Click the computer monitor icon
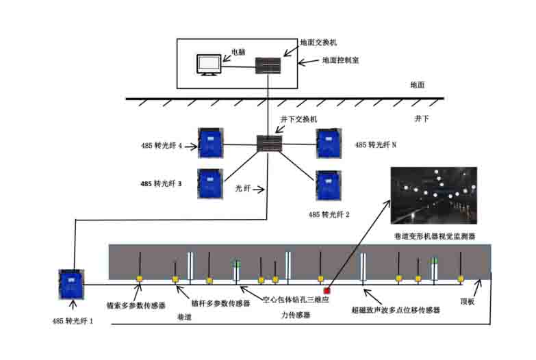pos(209,65)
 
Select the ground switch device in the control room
pos(268,66)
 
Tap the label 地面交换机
pos(318,42)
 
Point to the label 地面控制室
pos(340,60)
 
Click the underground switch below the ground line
pos(269,144)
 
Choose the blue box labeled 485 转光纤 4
pos(211,143)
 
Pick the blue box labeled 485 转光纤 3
pos(210,184)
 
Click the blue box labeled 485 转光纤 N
pos(329,143)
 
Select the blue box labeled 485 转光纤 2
pos(329,185)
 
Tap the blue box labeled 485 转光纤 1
pos(71,285)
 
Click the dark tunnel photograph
pos(434,196)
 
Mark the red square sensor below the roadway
pos(327,291)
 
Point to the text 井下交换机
pos(298,119)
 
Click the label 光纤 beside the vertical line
pos(243,188)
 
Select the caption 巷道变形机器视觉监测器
pos(435,236)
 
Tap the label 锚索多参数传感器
pos(136,305)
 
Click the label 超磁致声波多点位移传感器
pos(396,310)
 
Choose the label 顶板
pos(467,302)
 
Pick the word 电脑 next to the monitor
pos(239,52)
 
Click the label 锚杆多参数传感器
pos(221,303)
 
